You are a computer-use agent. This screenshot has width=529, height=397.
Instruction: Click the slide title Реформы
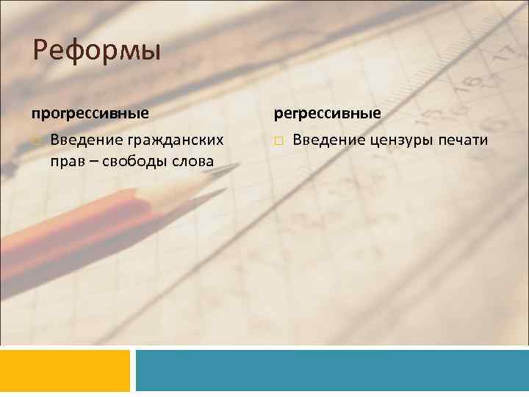coord(96,52)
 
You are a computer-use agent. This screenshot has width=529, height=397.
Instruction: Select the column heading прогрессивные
coord(90,114)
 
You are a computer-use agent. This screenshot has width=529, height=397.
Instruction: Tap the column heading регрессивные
coord(328,114)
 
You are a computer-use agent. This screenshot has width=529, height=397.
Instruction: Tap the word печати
coord(461,140)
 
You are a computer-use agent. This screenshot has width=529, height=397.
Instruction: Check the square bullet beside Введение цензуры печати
coord(279,141)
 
